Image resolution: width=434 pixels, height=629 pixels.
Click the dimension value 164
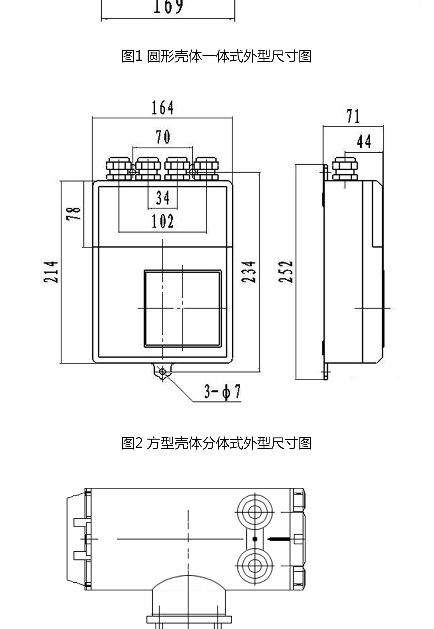162,108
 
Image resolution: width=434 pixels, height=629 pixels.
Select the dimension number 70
163,137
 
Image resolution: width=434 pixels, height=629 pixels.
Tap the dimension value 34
163,198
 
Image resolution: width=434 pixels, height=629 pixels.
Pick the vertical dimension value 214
51,272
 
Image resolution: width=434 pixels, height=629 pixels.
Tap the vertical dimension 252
286,272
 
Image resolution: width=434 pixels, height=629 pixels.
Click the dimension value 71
353,116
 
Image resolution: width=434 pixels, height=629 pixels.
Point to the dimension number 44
364,141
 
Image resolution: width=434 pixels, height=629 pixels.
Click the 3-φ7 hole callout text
222,392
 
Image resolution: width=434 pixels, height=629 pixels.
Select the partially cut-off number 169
168,7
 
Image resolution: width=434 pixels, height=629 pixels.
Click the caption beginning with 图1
216,56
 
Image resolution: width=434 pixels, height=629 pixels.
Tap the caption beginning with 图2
216,443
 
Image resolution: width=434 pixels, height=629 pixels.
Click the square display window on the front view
183,308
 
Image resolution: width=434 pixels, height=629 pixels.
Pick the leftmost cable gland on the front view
119,168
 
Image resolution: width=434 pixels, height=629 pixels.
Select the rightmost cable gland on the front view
206,168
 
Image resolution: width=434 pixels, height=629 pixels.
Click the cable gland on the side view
345,168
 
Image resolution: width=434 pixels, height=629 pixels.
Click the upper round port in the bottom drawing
255,512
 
